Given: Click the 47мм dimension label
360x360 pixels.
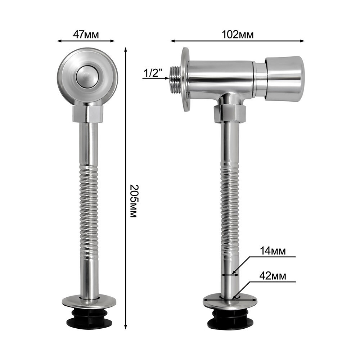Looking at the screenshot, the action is pyautogui.click(x=86, y=35).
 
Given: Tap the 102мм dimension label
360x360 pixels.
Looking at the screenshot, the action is pyautogui.click(x=238, y=35).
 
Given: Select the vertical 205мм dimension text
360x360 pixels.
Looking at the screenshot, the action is pyautogui.click(x=133, y=201).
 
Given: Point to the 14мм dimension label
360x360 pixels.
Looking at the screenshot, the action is pyautogui.click(x=273, y=251).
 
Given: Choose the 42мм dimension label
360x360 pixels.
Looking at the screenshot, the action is pyautogui.click(x=273, y=276).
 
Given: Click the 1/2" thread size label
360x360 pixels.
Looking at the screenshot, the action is pyautogui.click(x=153, y=73).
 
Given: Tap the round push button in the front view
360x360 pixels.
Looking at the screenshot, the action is pyautogui.click(x=87, y=78).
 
